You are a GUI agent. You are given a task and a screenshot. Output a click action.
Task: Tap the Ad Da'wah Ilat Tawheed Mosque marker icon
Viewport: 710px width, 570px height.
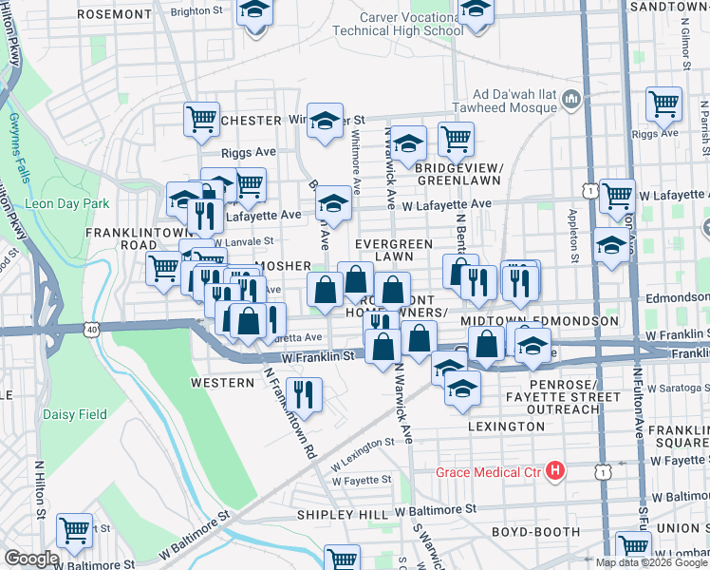tap(571, 100)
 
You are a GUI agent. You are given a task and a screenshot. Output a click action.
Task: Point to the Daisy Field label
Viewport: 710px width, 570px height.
tap(74, 414)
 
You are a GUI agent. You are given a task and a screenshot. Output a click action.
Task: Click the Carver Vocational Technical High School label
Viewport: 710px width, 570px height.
tap(399, 24)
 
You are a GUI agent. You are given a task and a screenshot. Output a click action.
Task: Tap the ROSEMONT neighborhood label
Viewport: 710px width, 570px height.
tap(113, 15)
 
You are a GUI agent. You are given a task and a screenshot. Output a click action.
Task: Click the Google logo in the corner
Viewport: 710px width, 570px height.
tap(31, 559)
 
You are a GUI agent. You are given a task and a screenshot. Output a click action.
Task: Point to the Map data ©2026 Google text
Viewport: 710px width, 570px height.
tap(651, 562)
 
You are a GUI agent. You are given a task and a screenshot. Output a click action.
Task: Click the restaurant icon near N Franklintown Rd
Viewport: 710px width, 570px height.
tap(303, 391)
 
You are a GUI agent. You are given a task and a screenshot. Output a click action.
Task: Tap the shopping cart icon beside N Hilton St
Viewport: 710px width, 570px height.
tap(74, 529)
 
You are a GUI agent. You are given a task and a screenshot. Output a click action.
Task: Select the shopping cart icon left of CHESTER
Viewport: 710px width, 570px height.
tap(201, 118)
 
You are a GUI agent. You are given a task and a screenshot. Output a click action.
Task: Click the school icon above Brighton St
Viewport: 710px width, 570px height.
tap(253, 11)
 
